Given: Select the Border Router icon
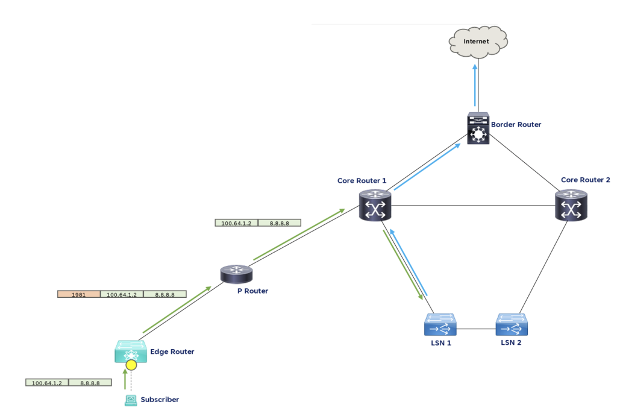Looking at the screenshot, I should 478,129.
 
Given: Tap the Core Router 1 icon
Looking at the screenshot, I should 375,205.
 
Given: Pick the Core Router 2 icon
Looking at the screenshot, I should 571,205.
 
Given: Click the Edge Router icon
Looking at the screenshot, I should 130,351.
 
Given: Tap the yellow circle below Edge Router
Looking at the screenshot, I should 131,365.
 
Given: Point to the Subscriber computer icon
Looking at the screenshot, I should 130,399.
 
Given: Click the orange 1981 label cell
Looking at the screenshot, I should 78,294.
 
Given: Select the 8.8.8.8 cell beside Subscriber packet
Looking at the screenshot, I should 90,383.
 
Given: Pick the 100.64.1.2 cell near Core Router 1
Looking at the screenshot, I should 236,223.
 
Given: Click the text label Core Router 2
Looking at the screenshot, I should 585,180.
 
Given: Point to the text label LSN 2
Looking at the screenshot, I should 511,342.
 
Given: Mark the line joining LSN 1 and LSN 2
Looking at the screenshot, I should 476,329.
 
